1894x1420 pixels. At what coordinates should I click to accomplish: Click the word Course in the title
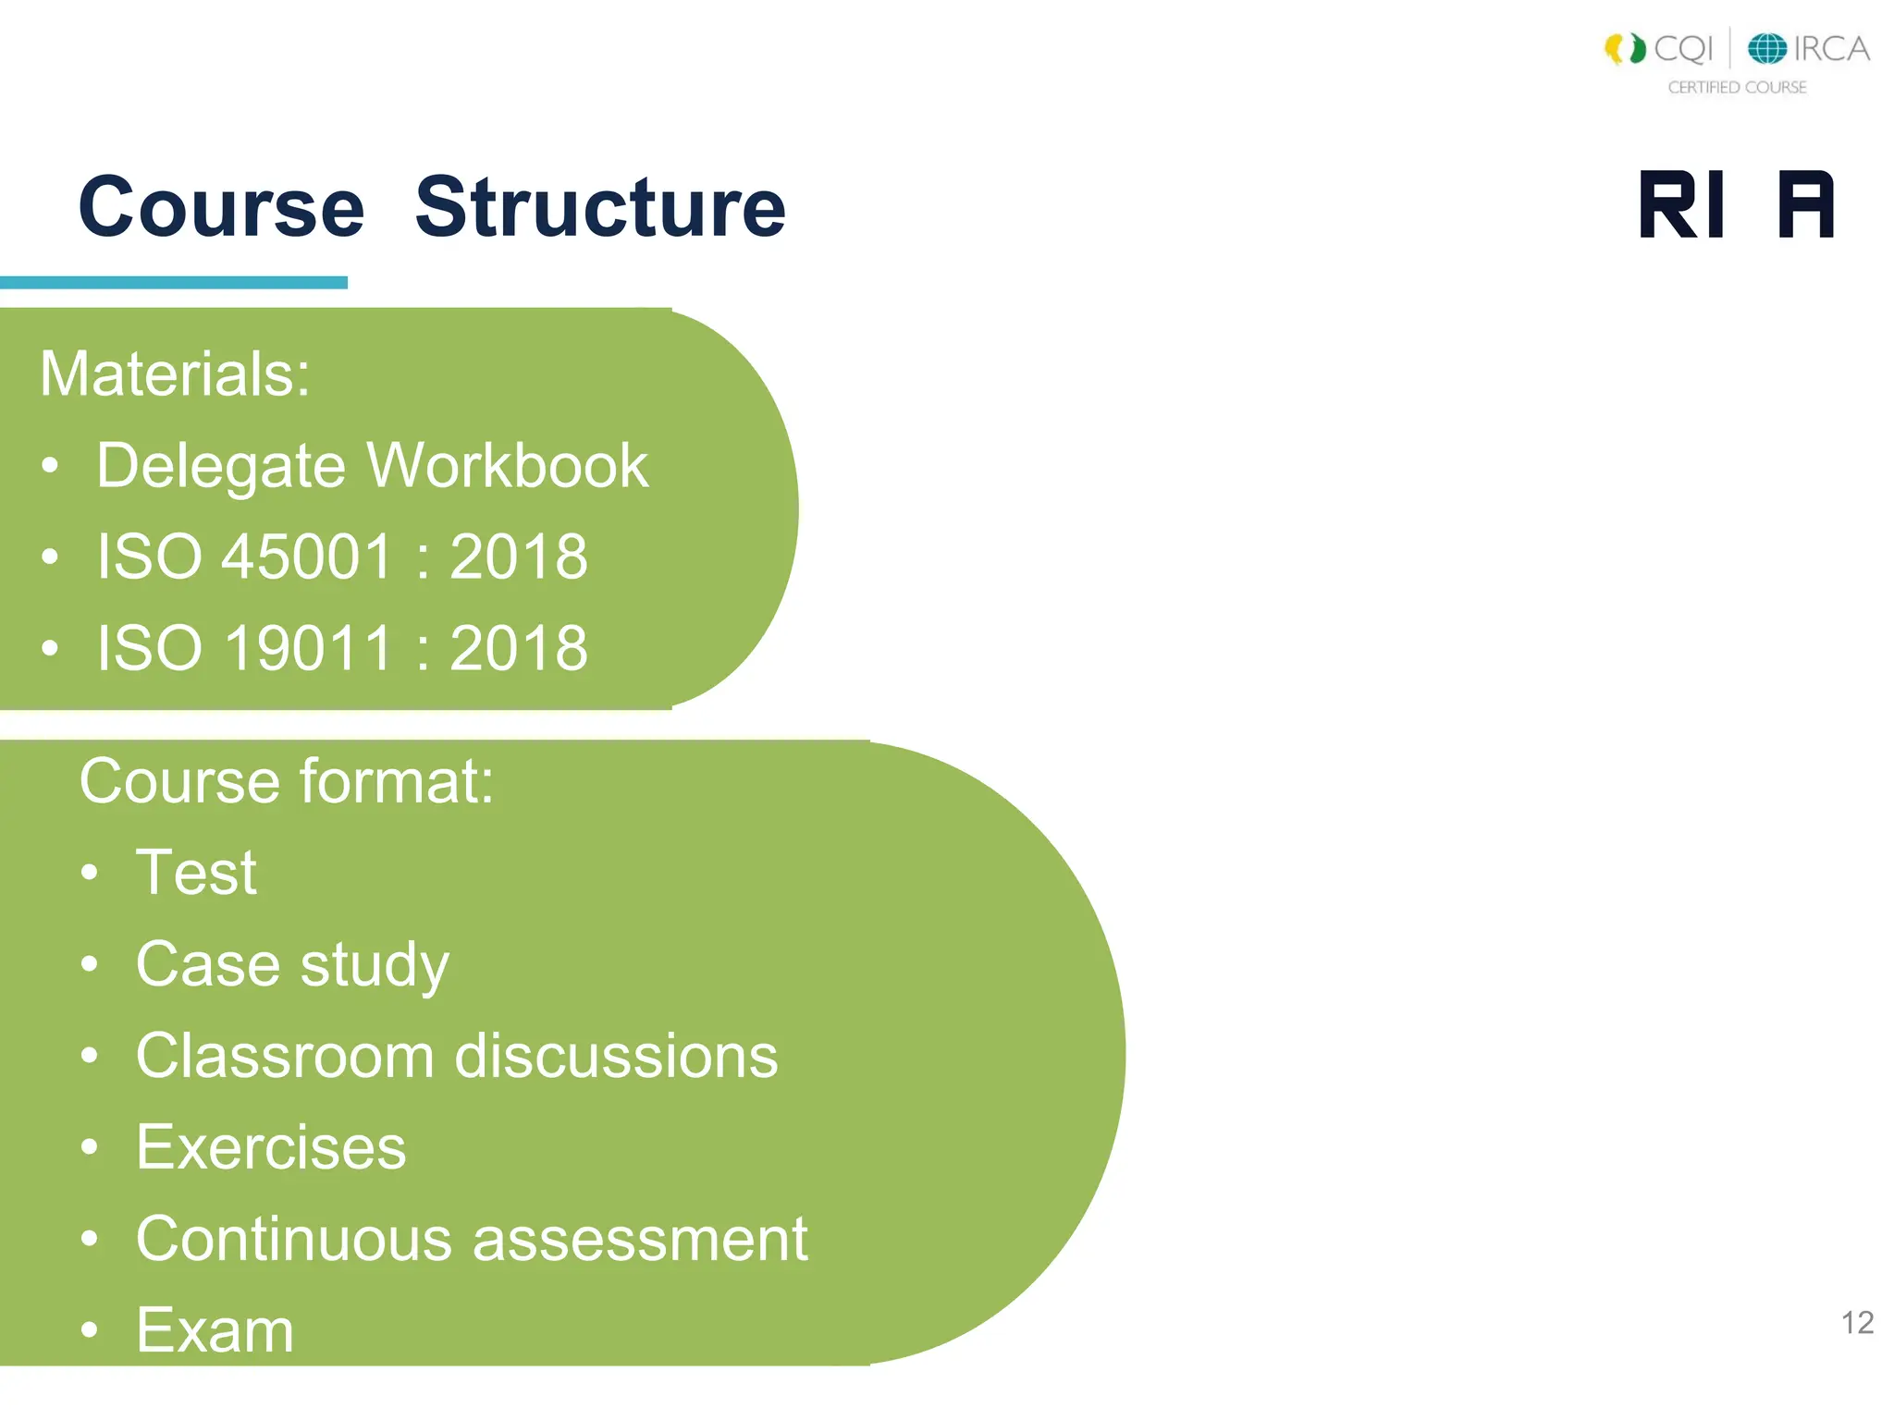pos(222,208)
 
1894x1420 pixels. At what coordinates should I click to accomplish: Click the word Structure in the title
pos(600,208)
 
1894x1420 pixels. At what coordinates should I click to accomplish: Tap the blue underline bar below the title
pos(173,283)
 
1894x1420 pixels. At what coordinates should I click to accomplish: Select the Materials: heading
pos(175,374)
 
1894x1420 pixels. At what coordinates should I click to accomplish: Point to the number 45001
pos(308,557)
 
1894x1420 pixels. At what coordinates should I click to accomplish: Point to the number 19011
pos(308,648)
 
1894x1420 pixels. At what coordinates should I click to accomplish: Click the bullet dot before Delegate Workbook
pos(50,466)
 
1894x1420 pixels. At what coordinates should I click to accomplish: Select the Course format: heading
pos(287,782)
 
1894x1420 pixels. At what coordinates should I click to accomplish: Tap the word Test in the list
pos(196,873)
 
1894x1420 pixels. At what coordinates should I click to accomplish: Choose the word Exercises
pos(271,1147)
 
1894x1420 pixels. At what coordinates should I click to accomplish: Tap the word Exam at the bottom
pos(215,1330)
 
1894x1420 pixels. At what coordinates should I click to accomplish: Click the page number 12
pos(1857,1323)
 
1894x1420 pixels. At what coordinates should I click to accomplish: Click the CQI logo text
pos(1683,48)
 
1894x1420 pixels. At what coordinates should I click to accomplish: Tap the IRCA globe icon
pos(1766,48)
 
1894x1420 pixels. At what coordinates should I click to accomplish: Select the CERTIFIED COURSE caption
pos(1737,87)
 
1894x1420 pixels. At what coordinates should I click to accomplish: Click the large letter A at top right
pos(1805,205)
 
